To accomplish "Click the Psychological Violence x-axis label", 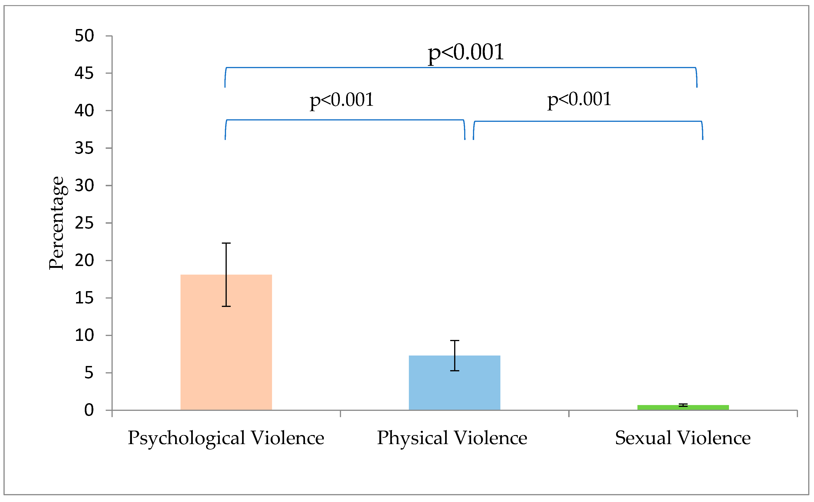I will tap(226, 438).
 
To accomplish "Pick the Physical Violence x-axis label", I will tap(452, 438).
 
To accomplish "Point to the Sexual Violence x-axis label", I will tap(683, 438).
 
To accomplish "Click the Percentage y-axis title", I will tap(56, 223).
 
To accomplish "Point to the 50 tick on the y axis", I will tap(84, 36).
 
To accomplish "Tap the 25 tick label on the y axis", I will tap(84, 223).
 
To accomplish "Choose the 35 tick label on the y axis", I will tap(84, 148).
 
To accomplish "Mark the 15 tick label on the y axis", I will tap(84, 298).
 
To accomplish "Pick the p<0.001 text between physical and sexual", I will tap(579, 99).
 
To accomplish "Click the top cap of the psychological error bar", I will tap(226, 243).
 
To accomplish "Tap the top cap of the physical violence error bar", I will tap(454, 341).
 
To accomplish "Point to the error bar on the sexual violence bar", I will tap(683, 405).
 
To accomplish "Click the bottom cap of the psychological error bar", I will tap(226, 306).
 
